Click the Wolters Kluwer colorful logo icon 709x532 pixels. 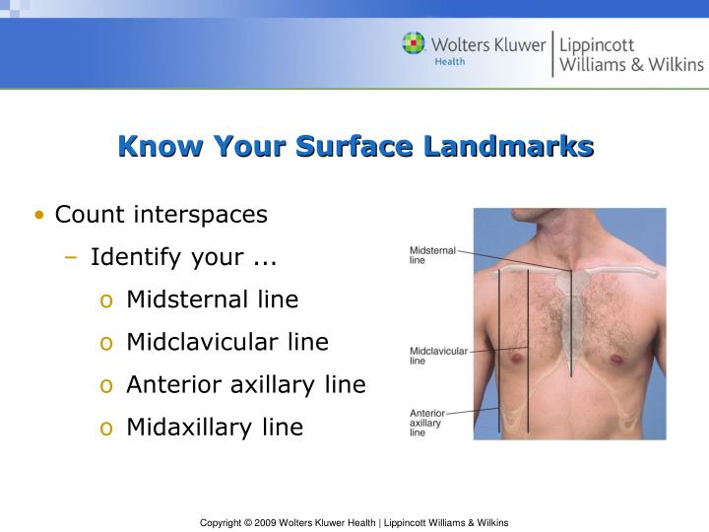(414, 43)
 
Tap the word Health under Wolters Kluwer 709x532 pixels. (450, 61)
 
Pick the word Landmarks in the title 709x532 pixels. (509, 147)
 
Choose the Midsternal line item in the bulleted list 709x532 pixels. (212, 299)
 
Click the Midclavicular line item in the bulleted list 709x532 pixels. (226, 342)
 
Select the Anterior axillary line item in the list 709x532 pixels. (245, 384)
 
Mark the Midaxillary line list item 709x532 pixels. (215, 427)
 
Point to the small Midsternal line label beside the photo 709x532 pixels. (432, 255)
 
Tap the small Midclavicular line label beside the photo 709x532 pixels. (438, 356)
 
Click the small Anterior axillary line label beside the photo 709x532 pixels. (426, 423)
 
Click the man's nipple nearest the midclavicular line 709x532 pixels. (514, 357)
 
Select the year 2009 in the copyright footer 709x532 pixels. (266, 522)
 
